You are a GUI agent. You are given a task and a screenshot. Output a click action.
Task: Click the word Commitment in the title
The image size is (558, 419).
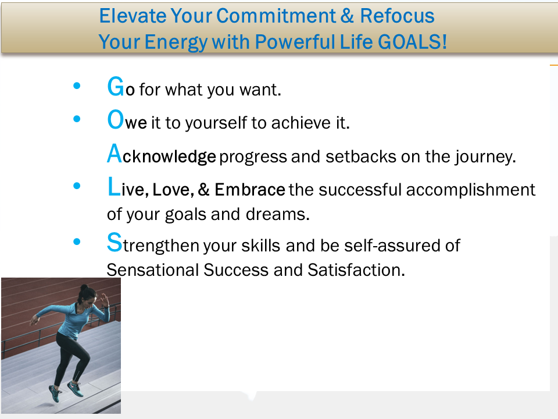[276, 16]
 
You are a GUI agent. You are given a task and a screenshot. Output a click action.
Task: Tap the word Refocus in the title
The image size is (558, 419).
[397, 16]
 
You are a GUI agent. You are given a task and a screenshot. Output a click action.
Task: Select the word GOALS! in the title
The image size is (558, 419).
[412, 42]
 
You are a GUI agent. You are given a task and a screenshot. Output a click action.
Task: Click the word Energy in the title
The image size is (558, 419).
[176, 42]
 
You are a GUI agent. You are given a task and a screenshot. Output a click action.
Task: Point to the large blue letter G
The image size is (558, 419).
[116, 87]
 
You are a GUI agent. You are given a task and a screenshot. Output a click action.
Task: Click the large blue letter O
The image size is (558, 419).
[116, 119]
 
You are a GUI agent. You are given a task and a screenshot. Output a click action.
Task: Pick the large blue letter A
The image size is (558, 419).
[115, 153]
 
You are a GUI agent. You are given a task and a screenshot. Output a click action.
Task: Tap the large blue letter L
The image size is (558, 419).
[114, 186]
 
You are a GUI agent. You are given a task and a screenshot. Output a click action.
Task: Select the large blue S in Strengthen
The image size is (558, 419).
[115, 242]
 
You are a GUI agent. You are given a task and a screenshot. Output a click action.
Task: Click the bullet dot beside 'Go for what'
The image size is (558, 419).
[77, 86]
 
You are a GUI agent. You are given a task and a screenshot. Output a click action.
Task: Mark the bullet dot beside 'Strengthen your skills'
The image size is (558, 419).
[77, 242]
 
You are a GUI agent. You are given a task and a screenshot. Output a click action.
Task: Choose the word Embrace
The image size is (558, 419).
[250, 190]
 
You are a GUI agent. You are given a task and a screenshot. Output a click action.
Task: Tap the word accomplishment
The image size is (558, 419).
[470, 190]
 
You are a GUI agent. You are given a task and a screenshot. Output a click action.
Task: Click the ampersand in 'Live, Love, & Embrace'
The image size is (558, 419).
[203, 190]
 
